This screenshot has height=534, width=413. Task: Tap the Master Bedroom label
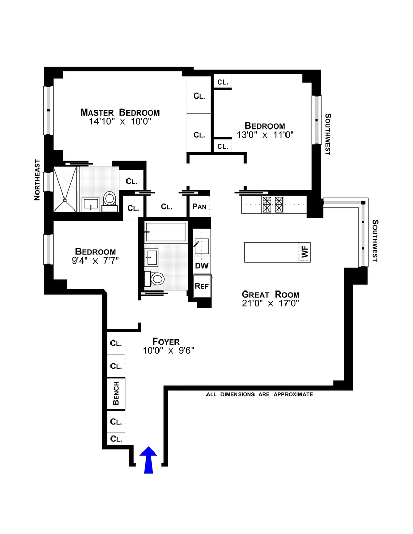coord(120,112)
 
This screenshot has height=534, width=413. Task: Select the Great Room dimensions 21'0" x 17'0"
coord(271,303)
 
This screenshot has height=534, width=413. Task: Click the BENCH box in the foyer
coord(116,393)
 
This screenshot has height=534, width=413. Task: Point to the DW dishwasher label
coord(201,266)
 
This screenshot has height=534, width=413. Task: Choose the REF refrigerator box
coord(202,286)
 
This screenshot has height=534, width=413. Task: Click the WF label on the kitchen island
coord(304,252)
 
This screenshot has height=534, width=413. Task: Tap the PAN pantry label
coord(199,207)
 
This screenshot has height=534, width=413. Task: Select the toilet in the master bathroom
coord(110,202)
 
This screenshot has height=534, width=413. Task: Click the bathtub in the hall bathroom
coord(166,232)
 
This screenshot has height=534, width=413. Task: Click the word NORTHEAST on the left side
coord(37,180)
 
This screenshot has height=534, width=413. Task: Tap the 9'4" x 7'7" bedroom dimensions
coord(96,261)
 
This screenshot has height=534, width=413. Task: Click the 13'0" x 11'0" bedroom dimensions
coord(265,135)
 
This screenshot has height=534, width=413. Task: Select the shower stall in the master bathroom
coord(66,189)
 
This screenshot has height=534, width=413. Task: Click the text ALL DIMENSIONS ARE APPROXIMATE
coord(260,394)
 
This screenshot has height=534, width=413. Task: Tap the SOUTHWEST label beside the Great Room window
coord(375,241)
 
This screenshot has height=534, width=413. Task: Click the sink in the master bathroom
coord(91,205)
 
